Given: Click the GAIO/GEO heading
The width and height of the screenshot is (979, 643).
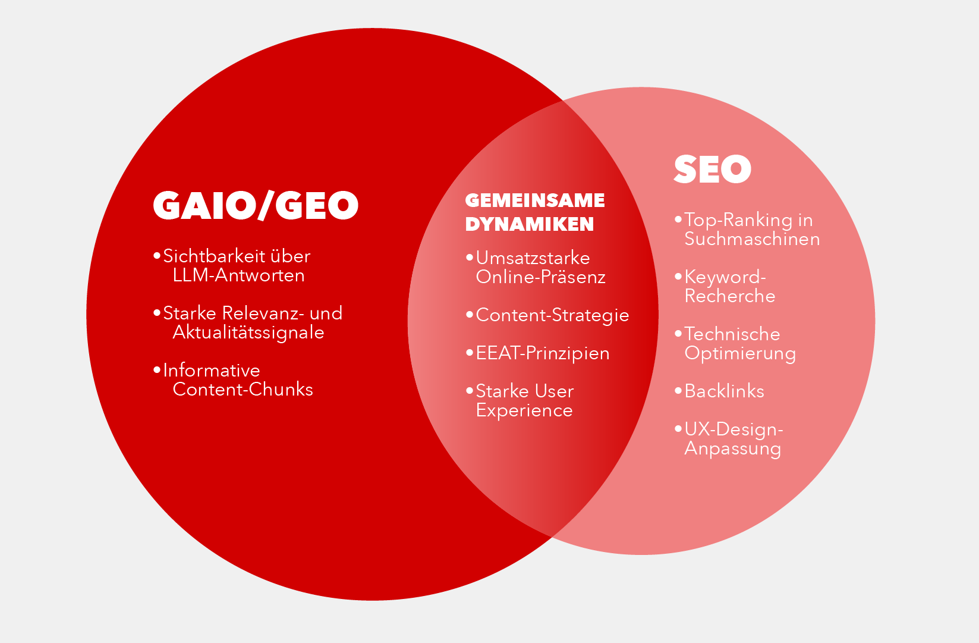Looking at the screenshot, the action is pyautogui.click(x=256, y=205).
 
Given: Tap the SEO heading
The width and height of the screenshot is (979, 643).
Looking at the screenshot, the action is pyautogui.click(x=712, y=169).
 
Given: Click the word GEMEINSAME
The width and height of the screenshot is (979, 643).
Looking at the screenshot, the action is pyautogui.click(x=535, y=200).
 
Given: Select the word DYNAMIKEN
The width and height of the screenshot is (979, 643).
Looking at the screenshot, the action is pyautogui.click(x=529, y=224).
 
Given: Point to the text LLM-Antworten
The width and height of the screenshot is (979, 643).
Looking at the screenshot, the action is pyautogui.click(x=238, y=275).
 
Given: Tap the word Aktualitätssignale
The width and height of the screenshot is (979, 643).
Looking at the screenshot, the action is pyautogui.click(x=248, y=333).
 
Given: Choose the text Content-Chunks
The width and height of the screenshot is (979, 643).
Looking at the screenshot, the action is pyautogui.click(x=243, y=390).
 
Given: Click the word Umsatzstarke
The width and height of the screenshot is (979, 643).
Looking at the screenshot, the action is pyautogui.click(x=533, y=258).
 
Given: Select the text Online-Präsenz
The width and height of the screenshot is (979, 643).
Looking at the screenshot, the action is pyautogui.click(x=541, y=277).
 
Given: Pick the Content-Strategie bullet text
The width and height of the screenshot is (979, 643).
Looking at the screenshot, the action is pyautogui.click(x=552, y=315).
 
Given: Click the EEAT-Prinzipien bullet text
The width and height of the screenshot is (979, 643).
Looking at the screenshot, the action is pyautogui.click(x=542, y=353).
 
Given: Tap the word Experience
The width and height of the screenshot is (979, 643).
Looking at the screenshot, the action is pyautogui.click(x=524, y=411).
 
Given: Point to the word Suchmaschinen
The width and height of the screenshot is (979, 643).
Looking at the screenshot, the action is pyautogui.click(x=752, y=239).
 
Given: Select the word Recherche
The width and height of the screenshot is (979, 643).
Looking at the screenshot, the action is pyautogui.click(x=729, y=296).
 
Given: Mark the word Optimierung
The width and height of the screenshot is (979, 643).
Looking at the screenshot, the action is pyautogui.click(x=740, y=353).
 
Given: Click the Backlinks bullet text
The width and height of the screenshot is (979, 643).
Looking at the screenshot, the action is pyautogui.click(x=724, y=391).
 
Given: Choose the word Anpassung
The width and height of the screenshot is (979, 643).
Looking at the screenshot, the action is pyautogui.click(x=732, y=448).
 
